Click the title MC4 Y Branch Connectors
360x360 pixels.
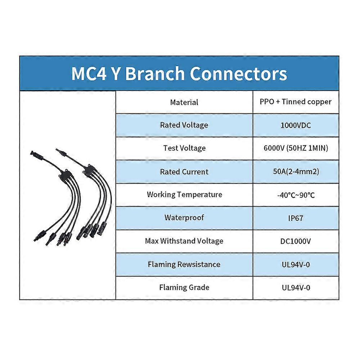coord(179,73)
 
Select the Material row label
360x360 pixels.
coord(184,102)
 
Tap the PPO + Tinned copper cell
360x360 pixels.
coord(296,102)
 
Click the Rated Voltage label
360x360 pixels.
coord(184,125)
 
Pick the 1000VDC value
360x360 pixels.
coord(296,126)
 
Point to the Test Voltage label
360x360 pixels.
coord(184,148)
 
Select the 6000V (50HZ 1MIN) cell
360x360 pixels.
coord(296,148)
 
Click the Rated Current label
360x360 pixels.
coord(184,172)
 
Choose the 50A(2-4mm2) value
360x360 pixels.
coord(296,172)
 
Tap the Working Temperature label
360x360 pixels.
coord(184,195)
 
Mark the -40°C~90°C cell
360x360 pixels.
coord(296,195)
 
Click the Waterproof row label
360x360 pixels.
coord(184,218)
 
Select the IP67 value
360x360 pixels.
coord(296,218)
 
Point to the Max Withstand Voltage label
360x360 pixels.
coord(184,241)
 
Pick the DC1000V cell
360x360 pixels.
coord(296,241)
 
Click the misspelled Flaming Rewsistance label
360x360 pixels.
coord(184,265)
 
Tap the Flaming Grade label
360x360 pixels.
coord(184,288)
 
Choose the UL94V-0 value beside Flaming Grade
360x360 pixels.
coord(296,288)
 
